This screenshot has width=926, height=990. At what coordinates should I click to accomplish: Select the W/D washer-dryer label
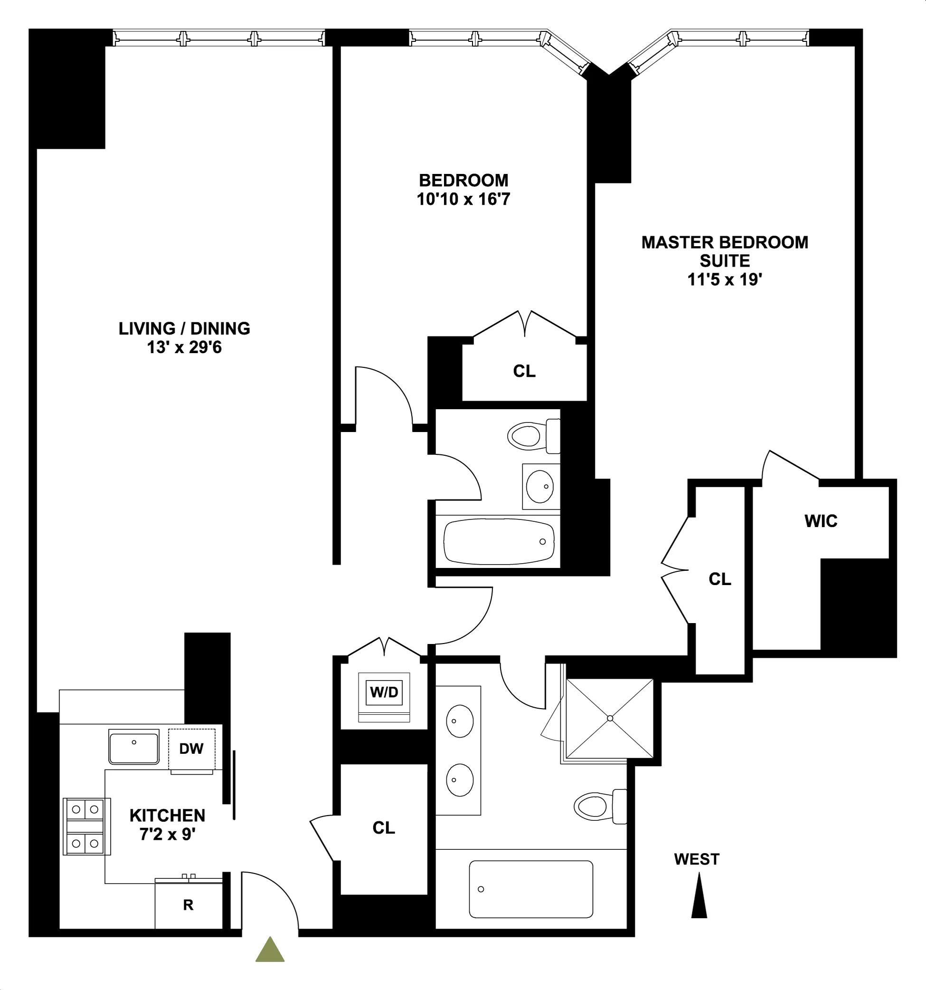(384, 692)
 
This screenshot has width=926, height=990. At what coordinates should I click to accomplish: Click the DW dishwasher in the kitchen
(191, 749)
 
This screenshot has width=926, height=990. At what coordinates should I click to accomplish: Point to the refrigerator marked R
(188, 905)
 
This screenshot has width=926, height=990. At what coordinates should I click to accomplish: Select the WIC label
(821, 521)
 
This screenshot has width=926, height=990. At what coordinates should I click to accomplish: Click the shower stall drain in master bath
(610, 718)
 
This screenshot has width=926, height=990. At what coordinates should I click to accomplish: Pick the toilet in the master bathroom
(600, 806)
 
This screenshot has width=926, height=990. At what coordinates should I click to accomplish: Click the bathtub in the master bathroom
(531, 889)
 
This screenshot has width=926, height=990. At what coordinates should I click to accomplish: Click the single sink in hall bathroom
(539, 486)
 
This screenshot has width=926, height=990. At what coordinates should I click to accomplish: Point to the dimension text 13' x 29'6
(184, 347)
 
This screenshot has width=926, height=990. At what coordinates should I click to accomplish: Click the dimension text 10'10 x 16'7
(463, 200)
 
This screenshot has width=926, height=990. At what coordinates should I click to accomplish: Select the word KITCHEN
(167, 816)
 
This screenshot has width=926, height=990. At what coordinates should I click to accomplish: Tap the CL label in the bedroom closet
(524, 371)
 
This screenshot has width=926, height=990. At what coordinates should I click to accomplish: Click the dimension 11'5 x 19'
(725, 280)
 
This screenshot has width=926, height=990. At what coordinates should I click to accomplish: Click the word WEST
(697, 859)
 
